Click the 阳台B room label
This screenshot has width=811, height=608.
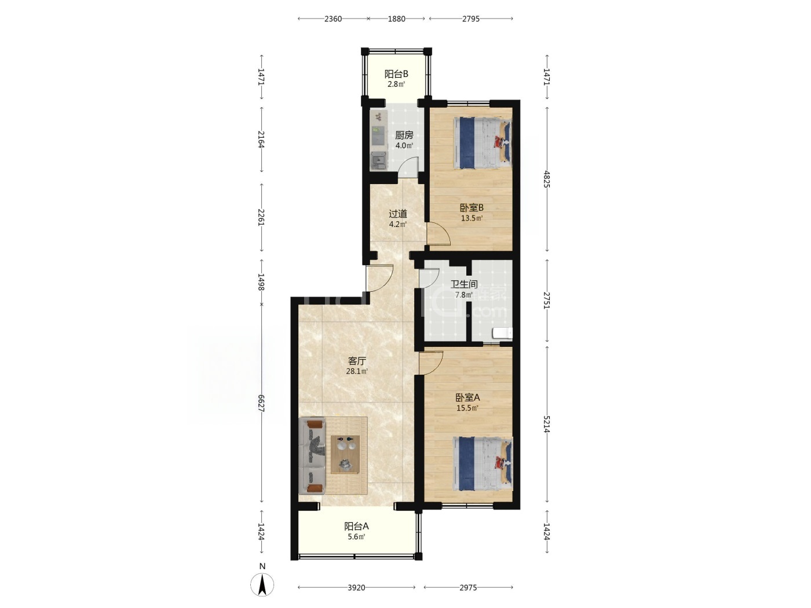tap(396, 74)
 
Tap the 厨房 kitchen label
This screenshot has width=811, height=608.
tap(404, 135)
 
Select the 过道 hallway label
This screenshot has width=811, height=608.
tap(398, 214)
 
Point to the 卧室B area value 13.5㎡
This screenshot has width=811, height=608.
tap(472, 218)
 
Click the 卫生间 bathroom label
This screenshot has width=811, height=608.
tap(464, 284)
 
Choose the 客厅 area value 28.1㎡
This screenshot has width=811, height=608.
tap(356, 371)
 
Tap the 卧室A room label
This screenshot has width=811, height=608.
tap(467, 398)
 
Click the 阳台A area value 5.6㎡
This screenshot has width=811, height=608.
tap(356, 537)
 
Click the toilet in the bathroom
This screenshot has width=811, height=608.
tap(502, 333)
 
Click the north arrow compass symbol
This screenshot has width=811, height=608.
tap(262, 585)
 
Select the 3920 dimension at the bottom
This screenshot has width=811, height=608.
tap(356, 588)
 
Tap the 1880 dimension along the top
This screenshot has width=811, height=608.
tap(396, 19)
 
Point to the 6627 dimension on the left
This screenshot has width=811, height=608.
tap(261, 403)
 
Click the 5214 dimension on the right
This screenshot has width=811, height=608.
tap(547, 425)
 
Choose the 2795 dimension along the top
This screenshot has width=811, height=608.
tap(471, 19)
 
